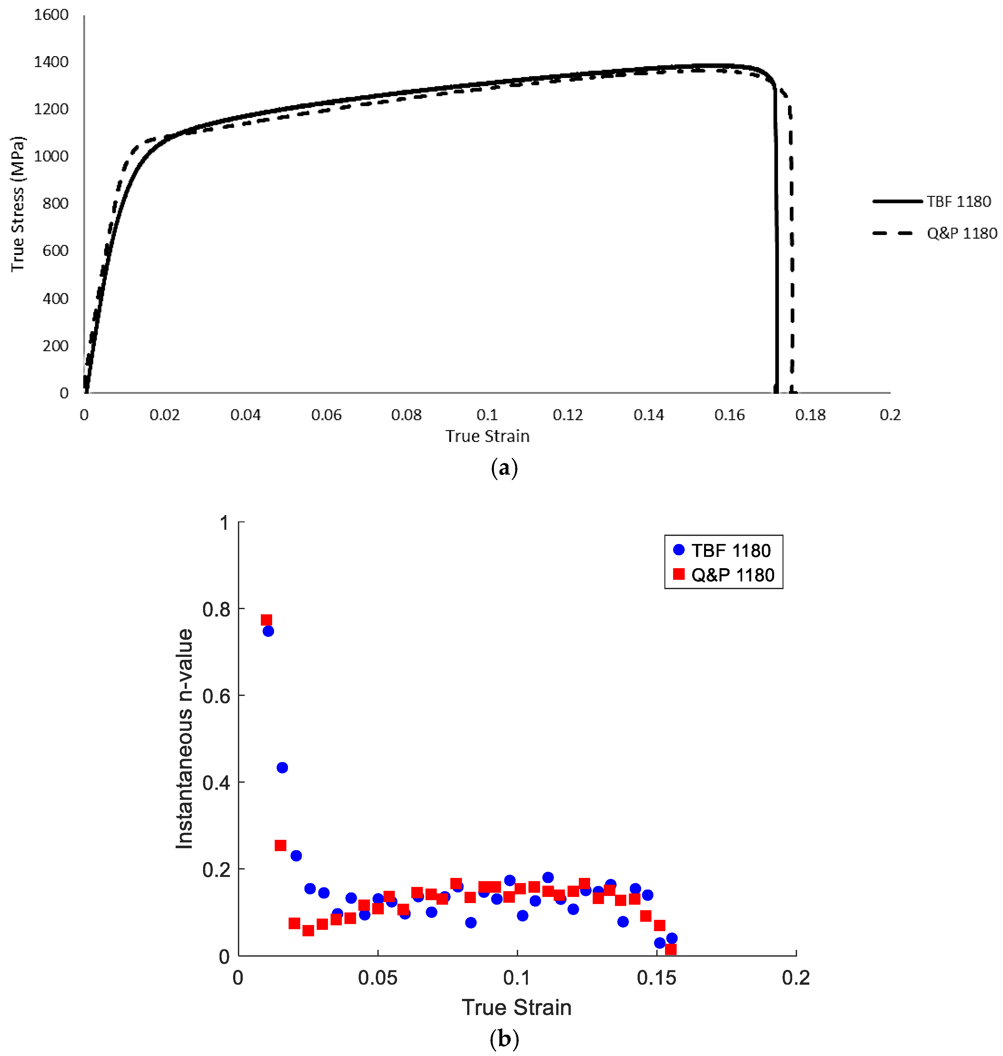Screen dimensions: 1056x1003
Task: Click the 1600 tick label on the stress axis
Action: [x=51, y=15]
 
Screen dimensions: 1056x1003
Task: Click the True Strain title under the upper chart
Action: [x=487, y=436]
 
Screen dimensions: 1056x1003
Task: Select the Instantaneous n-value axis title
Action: [x=184, y=739]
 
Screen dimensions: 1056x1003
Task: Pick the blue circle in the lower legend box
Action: [x=679, y=549]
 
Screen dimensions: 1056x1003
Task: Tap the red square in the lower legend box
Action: [x=679, y=574]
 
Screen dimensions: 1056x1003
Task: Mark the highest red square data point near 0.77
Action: [x=266, y=620]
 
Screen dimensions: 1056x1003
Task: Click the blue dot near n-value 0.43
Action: [x=282, y=768]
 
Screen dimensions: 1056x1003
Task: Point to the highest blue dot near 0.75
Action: [x=268, y=631]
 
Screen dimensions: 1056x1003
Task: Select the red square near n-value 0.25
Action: [x=281, y=845]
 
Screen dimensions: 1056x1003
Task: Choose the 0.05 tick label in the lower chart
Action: [x=377, y=978]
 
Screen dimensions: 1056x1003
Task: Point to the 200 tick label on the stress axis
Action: [x=56, y=346]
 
